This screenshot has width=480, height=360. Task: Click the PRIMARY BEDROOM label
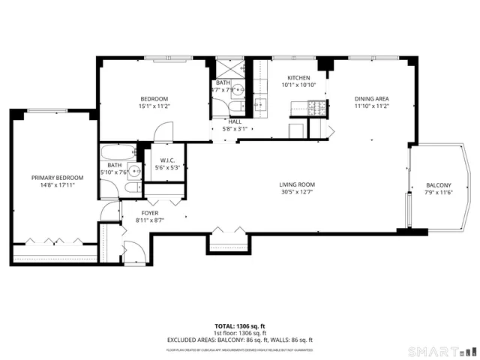click(x=57, y=178)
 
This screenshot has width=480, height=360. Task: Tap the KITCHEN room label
click(x=298, y=77)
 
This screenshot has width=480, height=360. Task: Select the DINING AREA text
click(x=371, y=98)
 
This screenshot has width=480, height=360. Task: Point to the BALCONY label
click(x=439, y=185)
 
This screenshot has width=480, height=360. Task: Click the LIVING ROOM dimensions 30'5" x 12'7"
click(x=297, y=192)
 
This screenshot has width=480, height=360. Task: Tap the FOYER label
click(x=130, y=212)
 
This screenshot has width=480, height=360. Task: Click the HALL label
click(x=235, y=121)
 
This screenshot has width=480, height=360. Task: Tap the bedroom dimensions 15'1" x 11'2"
click(x=154, y=106)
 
